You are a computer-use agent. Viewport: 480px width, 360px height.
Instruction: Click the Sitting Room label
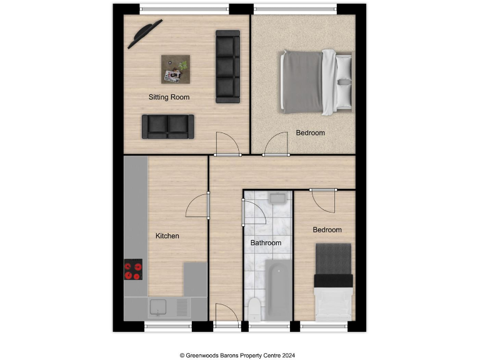point(169,97)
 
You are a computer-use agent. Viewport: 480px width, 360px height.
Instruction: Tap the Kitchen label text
point(167,236)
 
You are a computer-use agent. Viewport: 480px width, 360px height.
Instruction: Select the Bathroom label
point(266,242)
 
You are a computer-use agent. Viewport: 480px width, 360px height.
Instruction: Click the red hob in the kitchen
point(133,270)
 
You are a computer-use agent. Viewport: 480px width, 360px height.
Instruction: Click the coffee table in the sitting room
point(176,69)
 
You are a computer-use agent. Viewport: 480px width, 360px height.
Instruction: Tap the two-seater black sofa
point(167,126)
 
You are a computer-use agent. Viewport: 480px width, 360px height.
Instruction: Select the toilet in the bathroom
point(254,309)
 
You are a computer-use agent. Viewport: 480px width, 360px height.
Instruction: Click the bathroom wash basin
point(277,199)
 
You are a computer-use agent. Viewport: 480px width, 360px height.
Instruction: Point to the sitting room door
point(226,144)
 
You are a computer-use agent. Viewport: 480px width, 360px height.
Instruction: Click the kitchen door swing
point(199,206)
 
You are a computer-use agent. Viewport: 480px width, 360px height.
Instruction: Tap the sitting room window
point(184,9)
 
